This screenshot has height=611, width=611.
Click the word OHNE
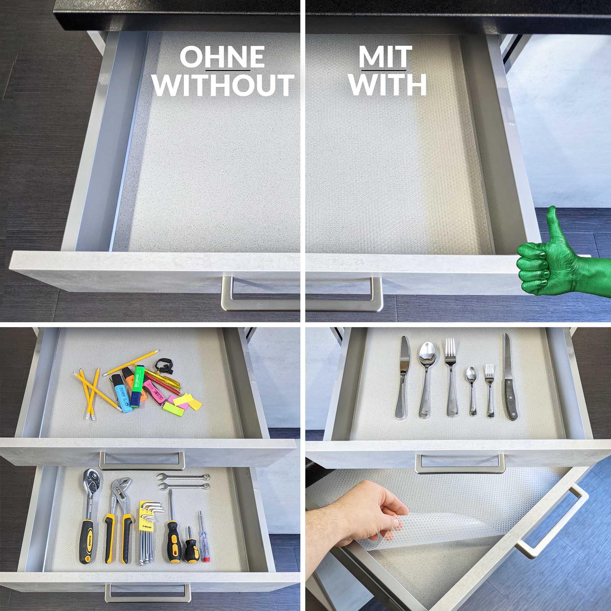pos(222,57)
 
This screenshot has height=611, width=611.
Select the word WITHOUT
pos(224,85)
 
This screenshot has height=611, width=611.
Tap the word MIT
pos(385,57)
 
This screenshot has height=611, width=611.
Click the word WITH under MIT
pos(388,85)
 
